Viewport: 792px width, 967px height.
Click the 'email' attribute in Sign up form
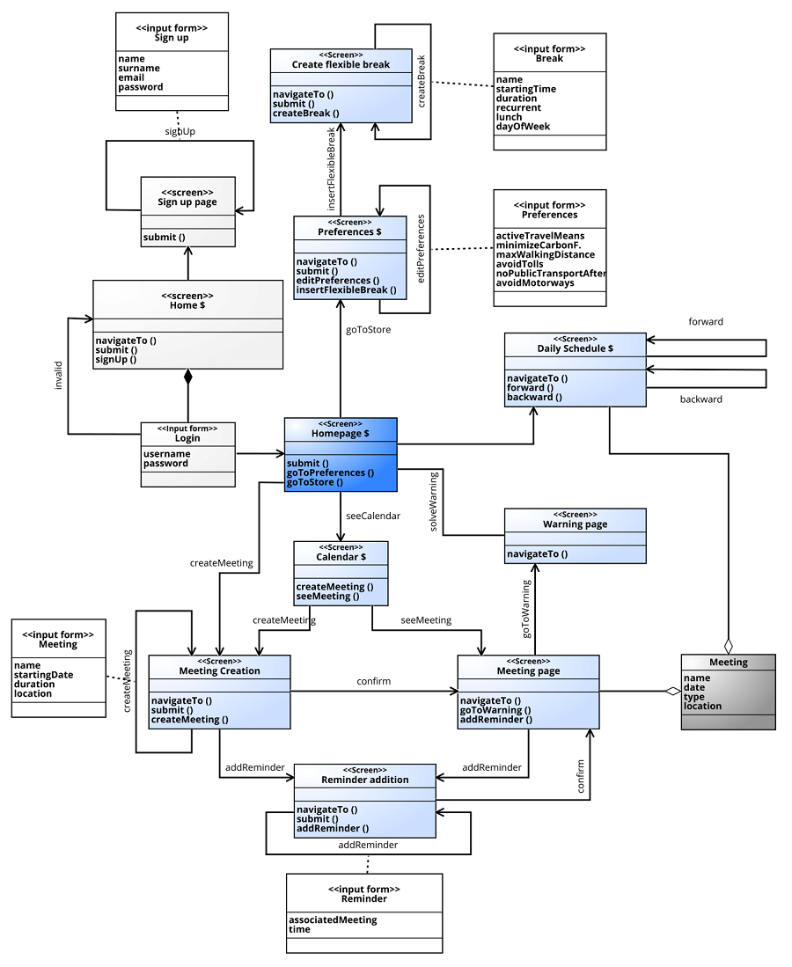click(131, 77)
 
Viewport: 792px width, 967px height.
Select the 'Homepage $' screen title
click(341, 434)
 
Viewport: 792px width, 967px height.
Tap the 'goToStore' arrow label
click(369, 330)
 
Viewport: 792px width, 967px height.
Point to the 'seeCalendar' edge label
click(373, 516)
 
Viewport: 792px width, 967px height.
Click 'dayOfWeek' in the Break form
click(523, 127)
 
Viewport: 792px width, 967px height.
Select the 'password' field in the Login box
click(165, 464)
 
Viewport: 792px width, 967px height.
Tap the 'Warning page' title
click(575, 524)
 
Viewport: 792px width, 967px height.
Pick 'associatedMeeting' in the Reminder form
click(333, 919)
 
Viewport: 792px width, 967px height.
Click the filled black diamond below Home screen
click(187, 377)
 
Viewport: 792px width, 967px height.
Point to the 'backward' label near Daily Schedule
click(701, 399)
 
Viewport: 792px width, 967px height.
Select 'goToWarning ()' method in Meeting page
click(495, 710)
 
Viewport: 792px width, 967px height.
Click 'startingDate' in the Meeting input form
click(44, 675)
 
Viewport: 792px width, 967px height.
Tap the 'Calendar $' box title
click(341, 557)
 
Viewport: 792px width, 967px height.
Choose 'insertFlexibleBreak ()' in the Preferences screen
click(346, 289)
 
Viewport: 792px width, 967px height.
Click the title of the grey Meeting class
click(728, 663)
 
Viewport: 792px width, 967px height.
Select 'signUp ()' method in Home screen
click(116, 360)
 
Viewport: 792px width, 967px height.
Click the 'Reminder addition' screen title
click(364, 780)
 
